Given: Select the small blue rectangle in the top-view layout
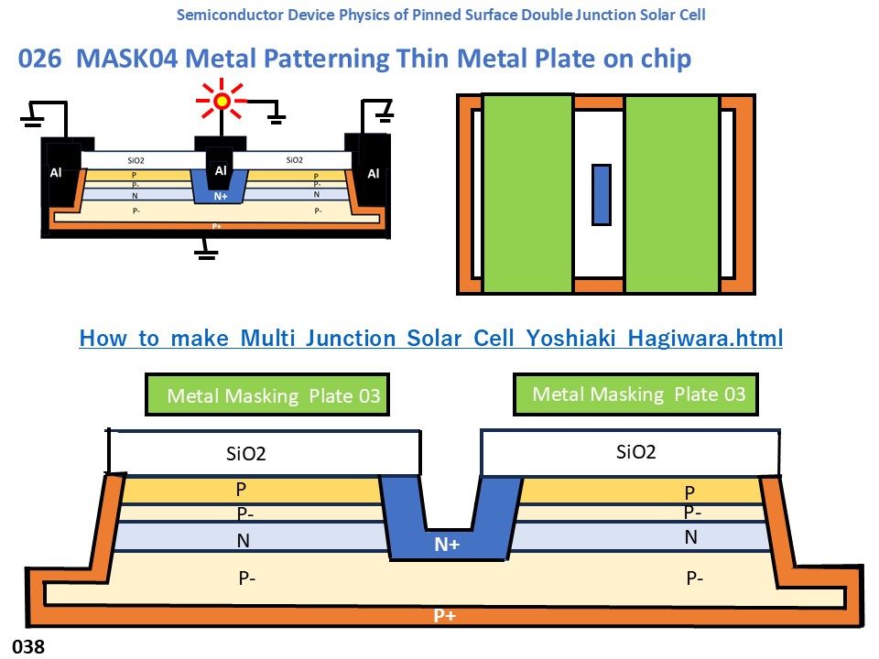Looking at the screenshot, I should (x=601, y=195).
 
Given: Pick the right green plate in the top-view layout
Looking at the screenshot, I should (x=672, y=193).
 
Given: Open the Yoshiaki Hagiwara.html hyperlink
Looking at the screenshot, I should (x=430, y=339).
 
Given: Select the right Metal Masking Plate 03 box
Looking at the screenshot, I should (x=638, y=394).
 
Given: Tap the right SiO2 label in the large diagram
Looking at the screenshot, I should (x=636, y=451).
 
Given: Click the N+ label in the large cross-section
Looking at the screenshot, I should (x=447, y=545).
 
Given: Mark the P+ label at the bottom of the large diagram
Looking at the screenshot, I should (x=445, y=616).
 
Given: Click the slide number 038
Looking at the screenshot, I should (x=28, y=647).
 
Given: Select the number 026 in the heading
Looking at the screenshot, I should (x=41, y=59).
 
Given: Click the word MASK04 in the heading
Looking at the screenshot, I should (x=125, y=59).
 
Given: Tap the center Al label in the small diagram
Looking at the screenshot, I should (x=220, y=170).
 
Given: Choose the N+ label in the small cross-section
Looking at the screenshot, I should (x=220, y=196).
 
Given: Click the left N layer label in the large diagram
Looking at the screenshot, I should (x=244, y=541).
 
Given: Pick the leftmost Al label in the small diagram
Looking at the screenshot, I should (x=55, y=174).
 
